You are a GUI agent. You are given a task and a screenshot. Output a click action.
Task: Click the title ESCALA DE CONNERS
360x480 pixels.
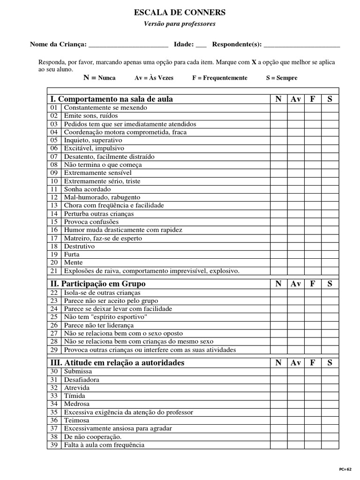[x=180, y=13]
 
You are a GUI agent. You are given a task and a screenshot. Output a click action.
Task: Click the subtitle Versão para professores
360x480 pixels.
[x=180, y=24]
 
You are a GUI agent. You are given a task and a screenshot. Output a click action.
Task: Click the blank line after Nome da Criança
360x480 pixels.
[x=128, y=45]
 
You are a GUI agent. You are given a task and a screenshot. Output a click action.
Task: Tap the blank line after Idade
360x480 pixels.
[x=201, y=45]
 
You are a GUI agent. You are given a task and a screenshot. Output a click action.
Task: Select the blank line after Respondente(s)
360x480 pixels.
[x=302, y=45]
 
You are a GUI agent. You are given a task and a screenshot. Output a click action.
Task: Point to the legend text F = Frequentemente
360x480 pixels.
[x=219, y=78]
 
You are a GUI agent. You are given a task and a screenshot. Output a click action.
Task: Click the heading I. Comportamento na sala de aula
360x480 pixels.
[x=112, y=99]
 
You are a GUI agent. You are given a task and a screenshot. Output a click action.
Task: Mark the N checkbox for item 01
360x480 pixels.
[x=278, y=108]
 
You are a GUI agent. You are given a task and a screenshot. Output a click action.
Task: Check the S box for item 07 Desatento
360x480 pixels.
[x=330, y=157]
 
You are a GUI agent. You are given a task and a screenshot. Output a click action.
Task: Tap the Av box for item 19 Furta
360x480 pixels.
[x=295, y=255]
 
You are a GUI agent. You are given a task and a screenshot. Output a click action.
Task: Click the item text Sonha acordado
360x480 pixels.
[x=88, y=189]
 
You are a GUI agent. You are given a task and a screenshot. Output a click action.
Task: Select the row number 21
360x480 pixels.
[x=54, y=271]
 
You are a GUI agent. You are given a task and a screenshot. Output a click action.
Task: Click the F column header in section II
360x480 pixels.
[x=313, y=284]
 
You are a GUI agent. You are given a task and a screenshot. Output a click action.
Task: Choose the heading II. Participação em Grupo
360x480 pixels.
[x=98, y=284]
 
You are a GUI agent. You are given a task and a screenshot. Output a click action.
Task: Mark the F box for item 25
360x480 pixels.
[x=313, y=317]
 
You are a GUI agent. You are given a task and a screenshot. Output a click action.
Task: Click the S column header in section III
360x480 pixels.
[x=330, y=362]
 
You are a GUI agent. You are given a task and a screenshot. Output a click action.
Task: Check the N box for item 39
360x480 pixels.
[x=278, y=445]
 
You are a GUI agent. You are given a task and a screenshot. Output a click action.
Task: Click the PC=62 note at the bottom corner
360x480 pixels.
[x=345, y=469]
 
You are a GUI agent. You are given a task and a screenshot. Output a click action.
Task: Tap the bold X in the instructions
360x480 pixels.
[x=254, y=62]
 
